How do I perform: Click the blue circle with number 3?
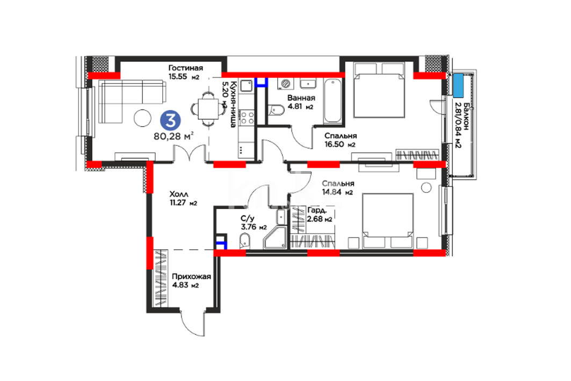coord(170,120)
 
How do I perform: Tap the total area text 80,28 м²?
coord(174,136)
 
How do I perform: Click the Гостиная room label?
coord(185,68)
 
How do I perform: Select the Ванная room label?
coord(301,98)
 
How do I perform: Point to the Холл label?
coord(179,195)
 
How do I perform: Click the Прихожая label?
coord(191,276)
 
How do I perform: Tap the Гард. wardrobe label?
coord(317,211)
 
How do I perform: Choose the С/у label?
coord(247,219)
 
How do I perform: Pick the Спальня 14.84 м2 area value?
coord(337,192)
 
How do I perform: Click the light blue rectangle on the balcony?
coord(458,85)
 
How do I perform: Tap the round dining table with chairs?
coord(208,109)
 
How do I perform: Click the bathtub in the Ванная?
coord(333,101)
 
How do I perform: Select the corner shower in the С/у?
coord(275,237)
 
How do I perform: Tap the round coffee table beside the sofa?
coord(142,118)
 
